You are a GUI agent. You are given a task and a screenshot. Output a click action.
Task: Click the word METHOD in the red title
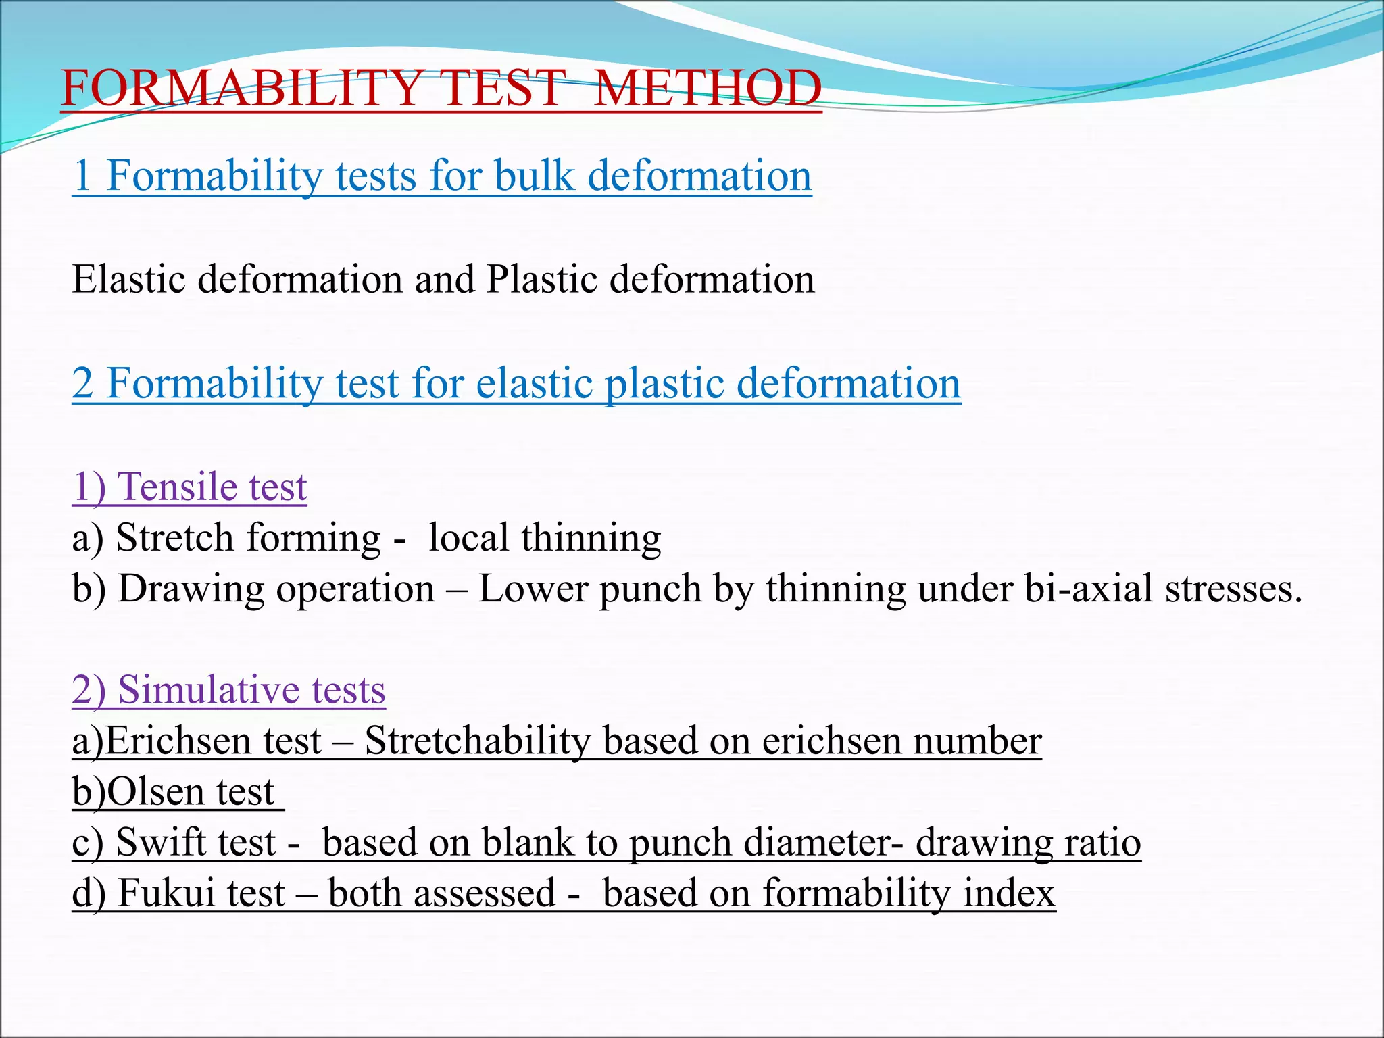pos(708,89)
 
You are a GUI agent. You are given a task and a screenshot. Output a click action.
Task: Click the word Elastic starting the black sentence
pos(128,279)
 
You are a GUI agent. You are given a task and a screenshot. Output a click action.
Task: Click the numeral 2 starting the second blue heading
pos(82,383)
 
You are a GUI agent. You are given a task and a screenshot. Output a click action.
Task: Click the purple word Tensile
pos(179,487)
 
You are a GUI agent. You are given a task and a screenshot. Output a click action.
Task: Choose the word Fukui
pos(165,893)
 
